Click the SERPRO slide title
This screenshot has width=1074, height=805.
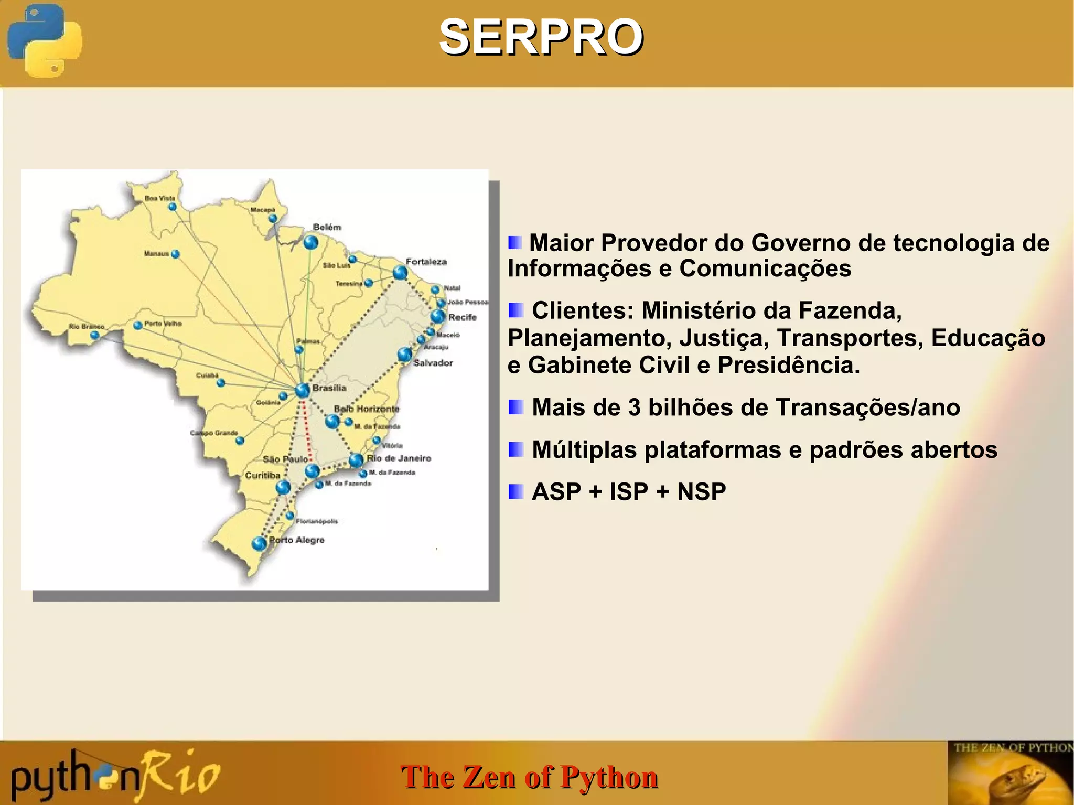pos(541,37)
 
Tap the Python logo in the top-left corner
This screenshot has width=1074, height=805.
pos(45,40)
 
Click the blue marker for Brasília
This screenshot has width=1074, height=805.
pos(303,390)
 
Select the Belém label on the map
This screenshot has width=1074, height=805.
pos(327,227)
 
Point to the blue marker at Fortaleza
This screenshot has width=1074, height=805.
pos(400,273)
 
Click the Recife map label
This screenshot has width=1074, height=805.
pos(462,317)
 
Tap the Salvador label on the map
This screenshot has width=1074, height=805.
pos(433,362)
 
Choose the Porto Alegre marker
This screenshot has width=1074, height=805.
pos(259,543)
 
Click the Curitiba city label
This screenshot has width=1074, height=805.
pos(263,475)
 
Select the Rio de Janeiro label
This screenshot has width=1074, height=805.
pos(399,458)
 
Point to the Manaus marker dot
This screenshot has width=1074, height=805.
pos(176,254)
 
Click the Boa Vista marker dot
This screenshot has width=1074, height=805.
pos(173,207)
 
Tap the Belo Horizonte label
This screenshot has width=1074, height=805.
pos(367,409)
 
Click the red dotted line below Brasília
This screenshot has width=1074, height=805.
pos(307,430)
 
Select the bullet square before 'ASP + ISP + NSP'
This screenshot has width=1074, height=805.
pos(515,491)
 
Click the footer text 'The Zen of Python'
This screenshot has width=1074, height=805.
pos(529,777)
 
